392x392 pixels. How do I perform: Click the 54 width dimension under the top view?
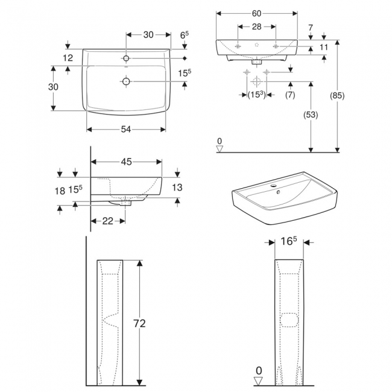(125, 129)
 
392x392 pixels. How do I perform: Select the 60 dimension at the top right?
(257, 13)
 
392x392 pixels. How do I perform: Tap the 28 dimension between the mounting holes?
(257, 27)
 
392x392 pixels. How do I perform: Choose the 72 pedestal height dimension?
(139, 323)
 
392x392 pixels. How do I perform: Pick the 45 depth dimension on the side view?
(125, 162)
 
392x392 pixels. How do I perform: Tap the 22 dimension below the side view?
(107, 221)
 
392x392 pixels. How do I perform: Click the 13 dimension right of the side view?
(177, 188)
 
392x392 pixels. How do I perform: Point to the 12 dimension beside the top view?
(67, 58)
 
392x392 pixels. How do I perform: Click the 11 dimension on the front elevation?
(324, 46)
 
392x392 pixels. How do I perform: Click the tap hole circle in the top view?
(125, 58)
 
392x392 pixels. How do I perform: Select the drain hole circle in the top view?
(125, 81)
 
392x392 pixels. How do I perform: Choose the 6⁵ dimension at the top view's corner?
(185, 36)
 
